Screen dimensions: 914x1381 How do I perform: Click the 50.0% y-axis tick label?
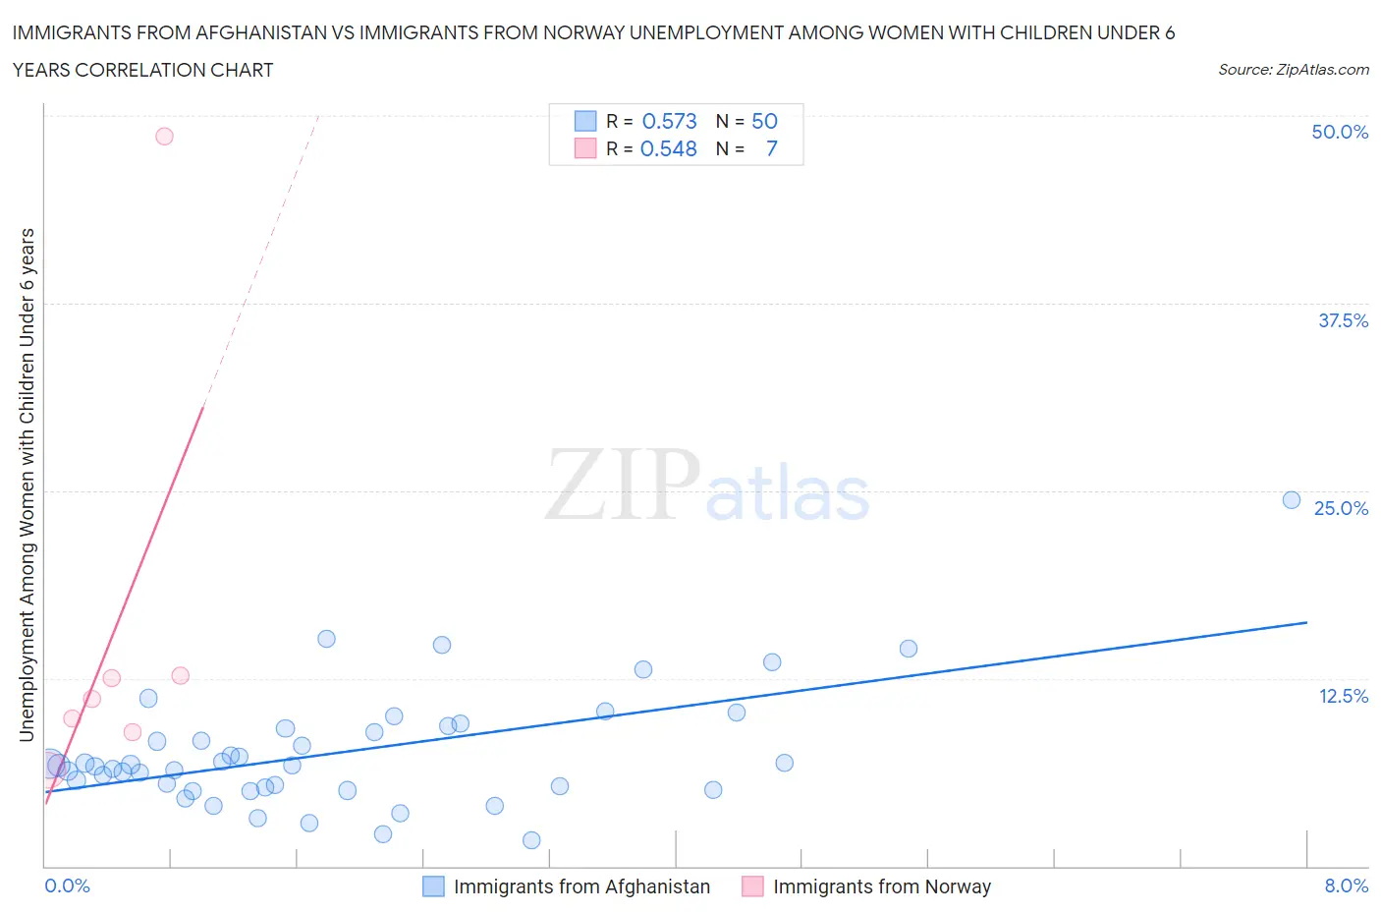1340,132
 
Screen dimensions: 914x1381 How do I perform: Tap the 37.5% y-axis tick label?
1343,320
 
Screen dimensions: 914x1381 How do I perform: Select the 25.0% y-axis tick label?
1341,508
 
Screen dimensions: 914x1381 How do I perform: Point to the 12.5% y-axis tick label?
1343,696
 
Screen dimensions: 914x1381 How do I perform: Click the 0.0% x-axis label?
67,885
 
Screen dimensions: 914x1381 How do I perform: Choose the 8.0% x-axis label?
1346,885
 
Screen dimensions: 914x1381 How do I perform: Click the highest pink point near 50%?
164,137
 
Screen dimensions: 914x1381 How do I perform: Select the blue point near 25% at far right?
1292,500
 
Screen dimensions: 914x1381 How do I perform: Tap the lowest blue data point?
531,840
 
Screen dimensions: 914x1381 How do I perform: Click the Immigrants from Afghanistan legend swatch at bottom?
433,886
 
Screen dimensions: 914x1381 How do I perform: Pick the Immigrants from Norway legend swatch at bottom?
752,886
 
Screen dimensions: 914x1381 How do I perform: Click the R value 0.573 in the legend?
669,121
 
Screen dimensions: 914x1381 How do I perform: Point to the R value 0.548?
668,148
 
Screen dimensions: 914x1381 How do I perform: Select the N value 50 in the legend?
764,121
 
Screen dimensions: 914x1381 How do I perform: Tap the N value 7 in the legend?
771,148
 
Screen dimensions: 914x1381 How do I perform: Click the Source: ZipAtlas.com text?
1293,70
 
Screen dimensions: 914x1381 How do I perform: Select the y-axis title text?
27,485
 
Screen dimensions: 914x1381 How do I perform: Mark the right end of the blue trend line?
1306,622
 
